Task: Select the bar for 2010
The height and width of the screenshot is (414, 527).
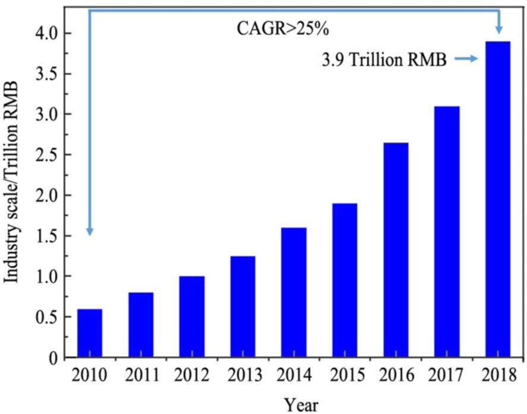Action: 89,333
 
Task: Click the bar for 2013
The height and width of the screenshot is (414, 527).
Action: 242,306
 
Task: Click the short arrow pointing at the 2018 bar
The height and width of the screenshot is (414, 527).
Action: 467,58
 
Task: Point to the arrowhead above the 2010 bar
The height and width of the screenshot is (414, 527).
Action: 89,230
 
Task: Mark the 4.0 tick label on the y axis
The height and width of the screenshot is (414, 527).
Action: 48,33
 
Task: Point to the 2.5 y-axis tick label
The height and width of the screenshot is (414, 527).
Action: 48,155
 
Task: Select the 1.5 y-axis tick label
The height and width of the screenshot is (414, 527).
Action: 48,236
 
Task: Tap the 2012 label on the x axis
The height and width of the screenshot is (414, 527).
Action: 191,375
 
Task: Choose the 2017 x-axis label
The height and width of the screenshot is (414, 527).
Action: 447,375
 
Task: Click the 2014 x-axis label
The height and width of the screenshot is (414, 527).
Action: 294,375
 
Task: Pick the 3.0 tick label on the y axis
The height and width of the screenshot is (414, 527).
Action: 48,115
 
